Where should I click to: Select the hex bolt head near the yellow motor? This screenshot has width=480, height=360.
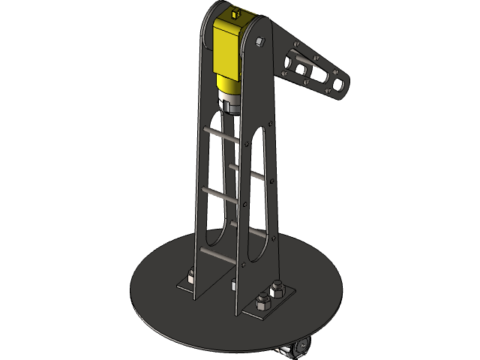tap(260, 40)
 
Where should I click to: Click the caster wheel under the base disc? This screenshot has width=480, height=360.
tap(300, 347)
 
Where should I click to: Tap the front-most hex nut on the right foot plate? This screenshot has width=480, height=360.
tap(263, 304)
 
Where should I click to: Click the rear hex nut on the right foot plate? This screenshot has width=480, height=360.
tap(277, 289)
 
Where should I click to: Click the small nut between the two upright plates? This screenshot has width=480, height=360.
tap(235, 283)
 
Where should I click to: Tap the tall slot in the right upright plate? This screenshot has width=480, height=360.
tap(255, 195)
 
